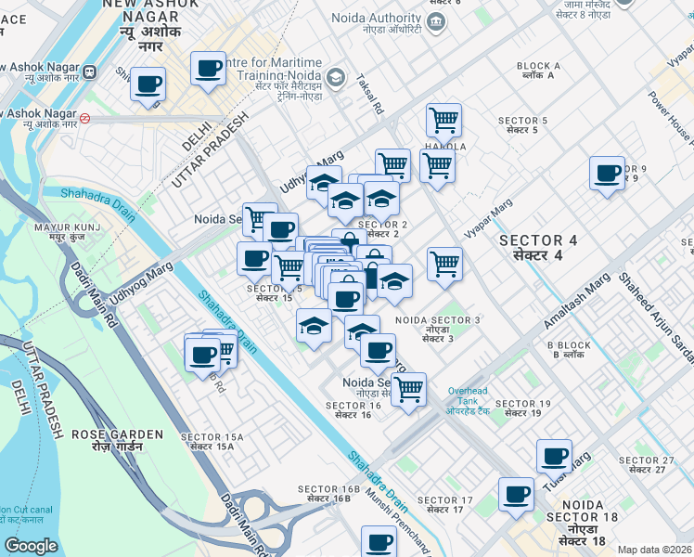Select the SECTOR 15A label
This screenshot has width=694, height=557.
(212, 441)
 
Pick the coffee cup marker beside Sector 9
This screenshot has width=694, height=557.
(608, 174)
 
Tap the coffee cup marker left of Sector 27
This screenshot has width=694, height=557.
(555, 456)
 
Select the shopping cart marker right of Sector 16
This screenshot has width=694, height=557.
(407, 389)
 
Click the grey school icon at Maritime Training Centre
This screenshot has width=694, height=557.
(336, 77)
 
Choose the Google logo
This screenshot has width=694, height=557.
(31, 547)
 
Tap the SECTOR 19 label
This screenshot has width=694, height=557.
(523, 408)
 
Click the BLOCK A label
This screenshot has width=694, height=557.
(538, 70)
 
